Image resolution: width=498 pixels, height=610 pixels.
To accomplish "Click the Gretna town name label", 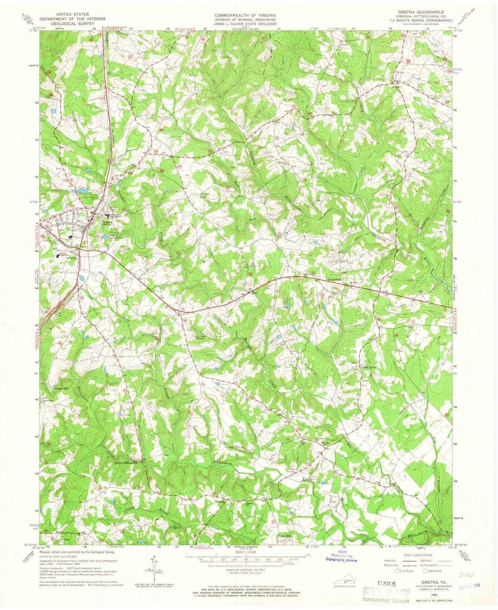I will (x=106, y=220).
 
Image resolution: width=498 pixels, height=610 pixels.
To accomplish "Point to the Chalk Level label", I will (x=368, y=367).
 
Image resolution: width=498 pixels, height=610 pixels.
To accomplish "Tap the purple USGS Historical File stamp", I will (x=340, y=557).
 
